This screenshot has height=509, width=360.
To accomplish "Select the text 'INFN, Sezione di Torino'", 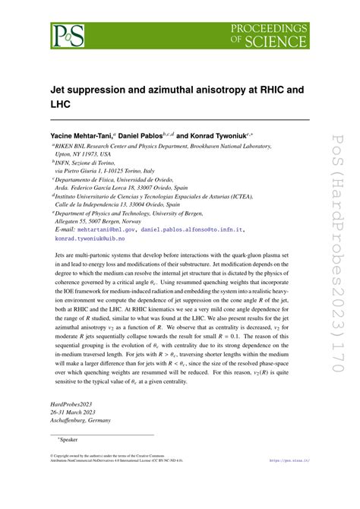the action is coord(91,163).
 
